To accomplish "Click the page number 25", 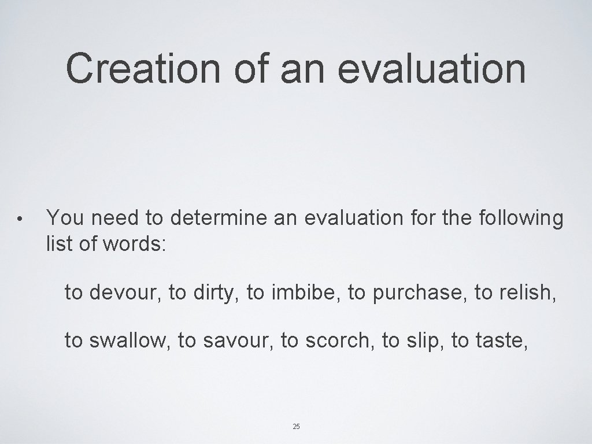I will [296, 427].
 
